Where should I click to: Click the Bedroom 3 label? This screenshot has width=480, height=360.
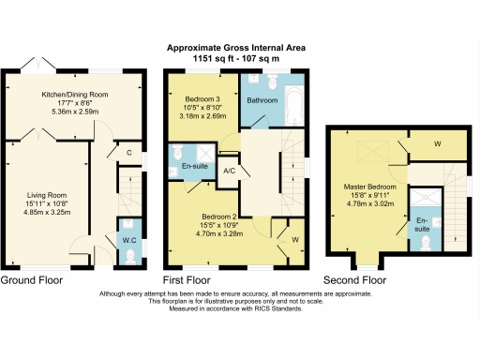point(203,99)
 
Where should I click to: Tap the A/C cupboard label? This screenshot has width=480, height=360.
point(229,171)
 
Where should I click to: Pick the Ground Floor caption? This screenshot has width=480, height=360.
point(32,280)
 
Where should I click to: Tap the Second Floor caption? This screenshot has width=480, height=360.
point(354,280)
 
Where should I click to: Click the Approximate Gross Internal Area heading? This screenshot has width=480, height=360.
point(236,49)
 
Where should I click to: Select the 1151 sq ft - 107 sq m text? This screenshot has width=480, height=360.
point(236,58)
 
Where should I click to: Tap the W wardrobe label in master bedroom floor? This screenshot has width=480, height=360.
point(438,143)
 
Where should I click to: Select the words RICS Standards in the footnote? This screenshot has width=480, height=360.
point(277,308)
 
